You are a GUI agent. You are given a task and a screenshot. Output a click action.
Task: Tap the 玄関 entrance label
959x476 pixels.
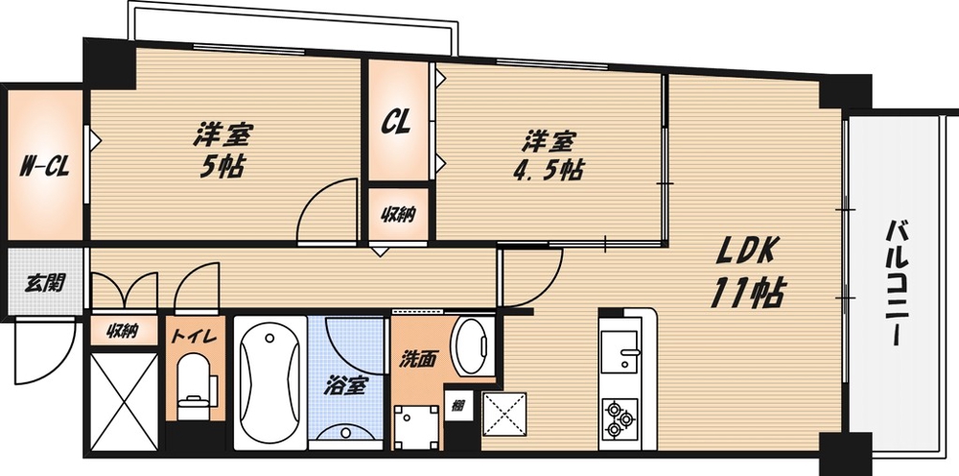[44, 283]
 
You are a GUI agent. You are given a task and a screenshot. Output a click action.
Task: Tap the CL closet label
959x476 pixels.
[397, 122]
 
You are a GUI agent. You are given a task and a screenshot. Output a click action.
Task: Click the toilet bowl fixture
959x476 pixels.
[195, 379]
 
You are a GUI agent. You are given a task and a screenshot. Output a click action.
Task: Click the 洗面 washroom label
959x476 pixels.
[418, 360]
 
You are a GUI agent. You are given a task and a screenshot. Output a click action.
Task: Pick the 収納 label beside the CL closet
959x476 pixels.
[399, 215]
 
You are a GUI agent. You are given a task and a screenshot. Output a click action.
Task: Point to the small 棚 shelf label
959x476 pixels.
[458, 405]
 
